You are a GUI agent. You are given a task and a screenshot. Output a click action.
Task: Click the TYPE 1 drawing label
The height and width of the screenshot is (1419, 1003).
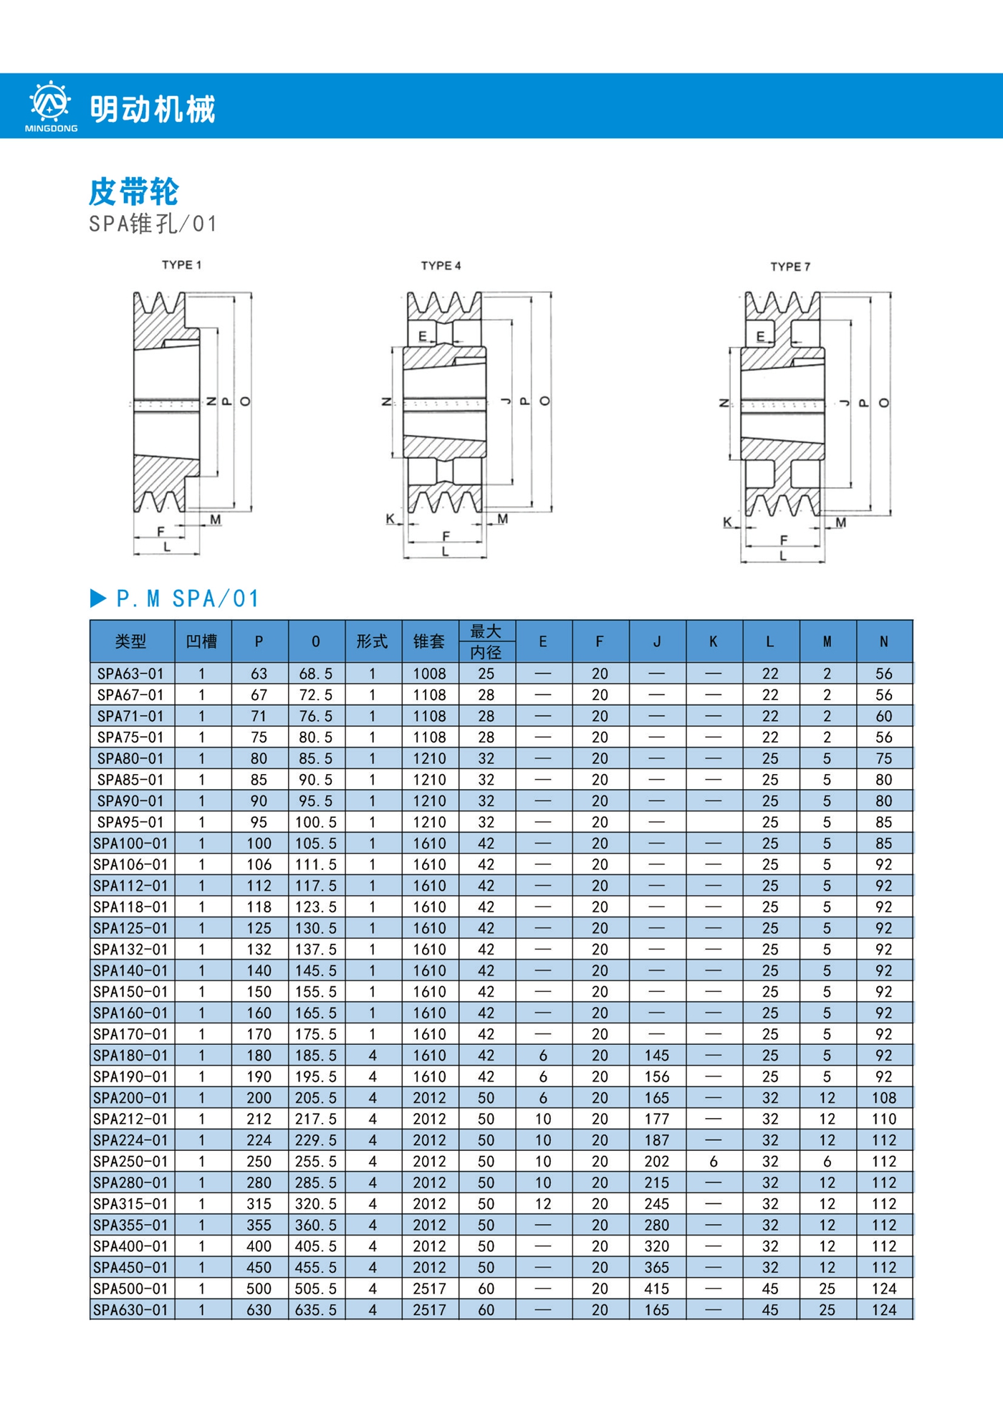(x=182, y=265)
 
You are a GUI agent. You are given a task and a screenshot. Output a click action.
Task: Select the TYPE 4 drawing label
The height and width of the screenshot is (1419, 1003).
(x=441, y=266)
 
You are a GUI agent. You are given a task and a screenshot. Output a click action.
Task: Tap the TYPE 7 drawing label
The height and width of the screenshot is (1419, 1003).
(x=790, y=267)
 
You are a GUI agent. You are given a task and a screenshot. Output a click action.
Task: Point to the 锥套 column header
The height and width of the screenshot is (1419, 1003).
(x=429, y=641)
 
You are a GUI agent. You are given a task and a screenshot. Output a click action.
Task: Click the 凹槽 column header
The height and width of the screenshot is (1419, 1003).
(x=202, y=641)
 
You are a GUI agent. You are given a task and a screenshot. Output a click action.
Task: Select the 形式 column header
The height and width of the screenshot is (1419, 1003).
(x=373, y=641)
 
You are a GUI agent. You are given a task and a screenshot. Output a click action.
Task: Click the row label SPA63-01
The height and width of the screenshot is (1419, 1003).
(x=130, y=674)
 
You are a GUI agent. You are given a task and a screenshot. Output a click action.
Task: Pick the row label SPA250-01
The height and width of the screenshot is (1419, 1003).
(x=130, y=1162)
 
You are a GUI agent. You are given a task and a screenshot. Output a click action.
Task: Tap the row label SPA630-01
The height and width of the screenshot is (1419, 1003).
(x=130, y=1310)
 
